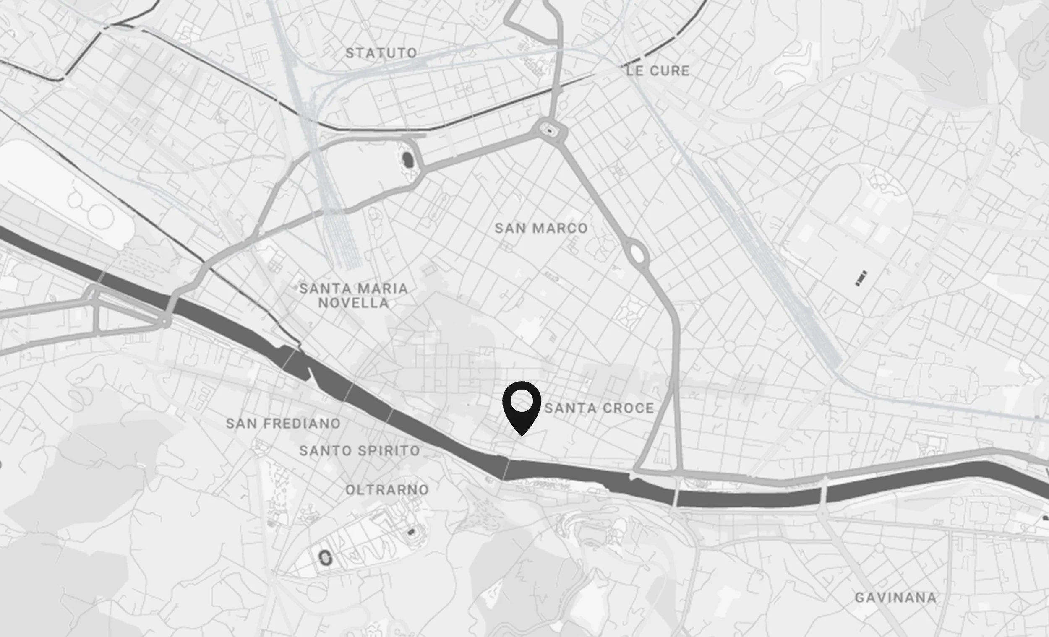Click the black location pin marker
[x=522, y=406]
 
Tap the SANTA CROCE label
[x=599, y=408]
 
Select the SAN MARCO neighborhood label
[x=541, y=229]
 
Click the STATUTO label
[x=381, y=53]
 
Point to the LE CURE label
[x=658, y=70]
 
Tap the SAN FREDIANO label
[x=283, y=424]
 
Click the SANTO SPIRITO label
[x=360, y=451]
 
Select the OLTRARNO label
[x=387, y=490]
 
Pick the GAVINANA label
[x=896, y=598]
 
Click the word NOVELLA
[x=353, y=303]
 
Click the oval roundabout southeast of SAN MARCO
[x=637, y=253]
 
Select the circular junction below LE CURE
[x=551, y=129]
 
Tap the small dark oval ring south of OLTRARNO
[x=325, y=557]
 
